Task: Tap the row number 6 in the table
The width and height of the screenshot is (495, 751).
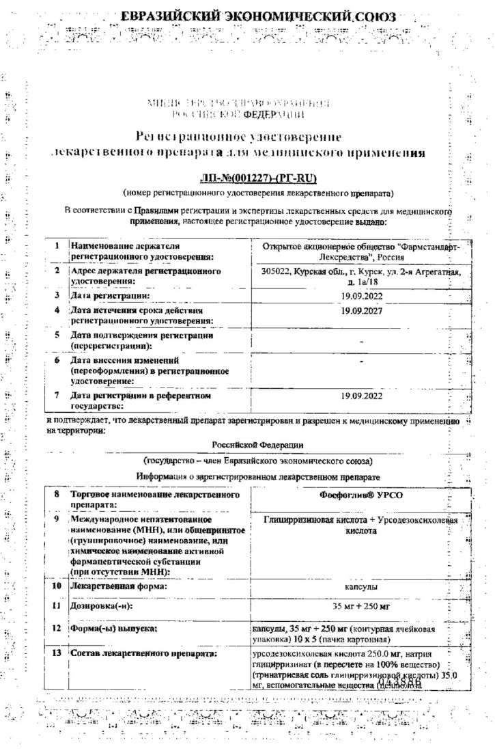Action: pos(58,360)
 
